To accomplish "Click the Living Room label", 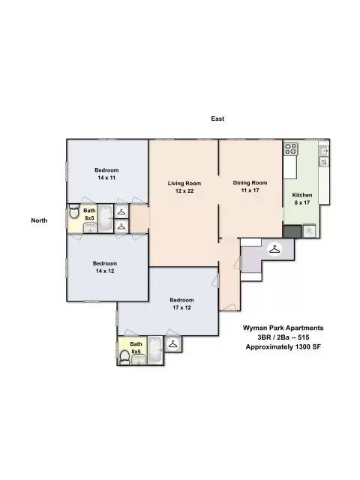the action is [x=184, y=183].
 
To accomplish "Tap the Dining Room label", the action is [x=250, y=183].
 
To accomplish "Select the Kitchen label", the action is [x=302, y=195].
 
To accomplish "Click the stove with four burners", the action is [x=291, y=149].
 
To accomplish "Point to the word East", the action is [x=217, y=118].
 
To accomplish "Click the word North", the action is [x=39, y=220].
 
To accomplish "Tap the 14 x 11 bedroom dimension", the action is [x=106, y=178].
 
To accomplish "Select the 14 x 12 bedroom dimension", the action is [x=105, y=271].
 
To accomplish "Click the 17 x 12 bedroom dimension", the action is [x=181, y=307].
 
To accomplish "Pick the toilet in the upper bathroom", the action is [x=73, y=211].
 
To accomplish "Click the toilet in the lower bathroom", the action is [x=124, y=357].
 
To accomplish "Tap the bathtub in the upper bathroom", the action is [x=106, y=218].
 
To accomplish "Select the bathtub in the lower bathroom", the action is [x=156, y=350].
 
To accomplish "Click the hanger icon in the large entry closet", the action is [x=275, y=249].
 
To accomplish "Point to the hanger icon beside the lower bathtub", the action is [x=173, y=344].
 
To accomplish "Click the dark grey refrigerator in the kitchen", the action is [x=292, y=232].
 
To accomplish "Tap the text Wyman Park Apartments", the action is [x=283, y=328].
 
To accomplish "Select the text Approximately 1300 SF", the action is [x=283, y=347].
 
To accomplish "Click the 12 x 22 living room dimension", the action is [x=184, y=190].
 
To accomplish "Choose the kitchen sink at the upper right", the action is [x=323, y=151].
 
